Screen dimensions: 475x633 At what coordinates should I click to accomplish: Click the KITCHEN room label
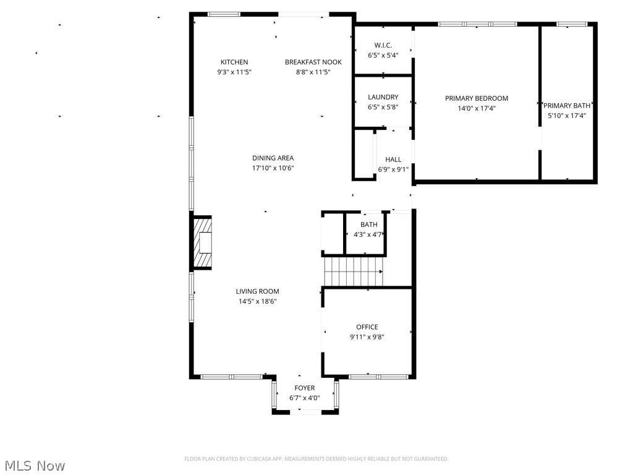pos(234,62)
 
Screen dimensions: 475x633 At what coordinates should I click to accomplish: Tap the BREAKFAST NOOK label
pos(313,62)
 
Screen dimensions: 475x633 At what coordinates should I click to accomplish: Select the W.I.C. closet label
pos(383,45)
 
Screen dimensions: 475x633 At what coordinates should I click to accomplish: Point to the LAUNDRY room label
pos(383,97)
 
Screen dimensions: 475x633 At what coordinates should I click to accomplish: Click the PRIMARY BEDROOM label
pos(477,98)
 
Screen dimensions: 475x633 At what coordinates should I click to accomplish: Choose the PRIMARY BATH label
pos(567,106)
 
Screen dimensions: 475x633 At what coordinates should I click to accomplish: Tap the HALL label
pos(393,160)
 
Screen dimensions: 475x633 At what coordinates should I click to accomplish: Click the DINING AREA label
pos(273,158)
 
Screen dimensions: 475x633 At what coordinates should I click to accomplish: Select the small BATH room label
pos(369,225)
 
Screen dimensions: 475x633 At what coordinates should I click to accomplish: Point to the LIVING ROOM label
pos(257,291)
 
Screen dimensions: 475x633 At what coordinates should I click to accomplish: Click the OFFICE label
pos(367,327)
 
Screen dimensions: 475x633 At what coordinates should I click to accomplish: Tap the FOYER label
pos(305,388)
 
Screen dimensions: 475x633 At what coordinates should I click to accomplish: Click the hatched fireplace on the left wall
pos(203,242)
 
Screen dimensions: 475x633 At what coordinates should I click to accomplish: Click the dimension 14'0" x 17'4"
pos(477,108)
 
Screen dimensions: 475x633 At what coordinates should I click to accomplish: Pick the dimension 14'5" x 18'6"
pos(257,302)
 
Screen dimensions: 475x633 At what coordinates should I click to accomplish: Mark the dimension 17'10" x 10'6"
pos(273,168)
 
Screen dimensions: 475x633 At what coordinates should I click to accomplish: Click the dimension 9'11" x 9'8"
pos(367,337)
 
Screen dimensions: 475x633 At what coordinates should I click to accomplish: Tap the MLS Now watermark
pos(35,465)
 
